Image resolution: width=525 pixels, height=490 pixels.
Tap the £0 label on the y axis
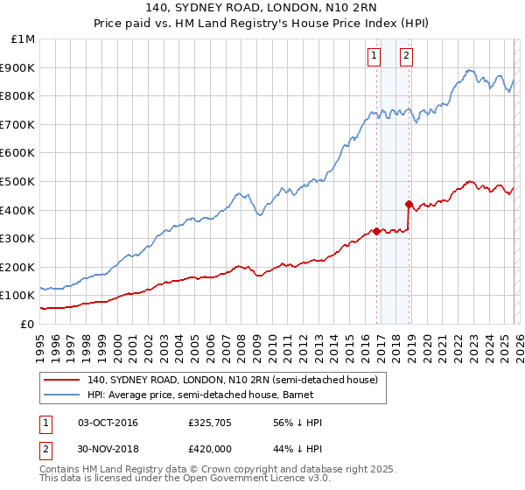point(28,324)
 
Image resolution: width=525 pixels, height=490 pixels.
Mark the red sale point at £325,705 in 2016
point(376,231)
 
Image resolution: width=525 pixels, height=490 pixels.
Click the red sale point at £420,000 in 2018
point(409,204)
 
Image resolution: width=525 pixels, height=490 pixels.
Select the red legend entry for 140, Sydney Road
point(233,380)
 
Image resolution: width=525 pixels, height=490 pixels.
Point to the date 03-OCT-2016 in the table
point(108,423)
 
